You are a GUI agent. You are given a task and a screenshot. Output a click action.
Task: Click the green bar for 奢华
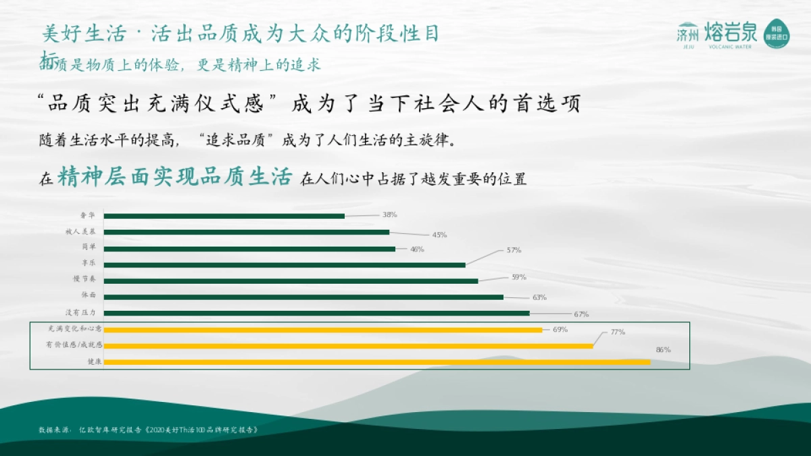(224, 216)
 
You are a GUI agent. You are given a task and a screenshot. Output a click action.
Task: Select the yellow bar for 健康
(376, 362)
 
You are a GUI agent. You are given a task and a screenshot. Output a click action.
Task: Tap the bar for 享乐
(285, 265)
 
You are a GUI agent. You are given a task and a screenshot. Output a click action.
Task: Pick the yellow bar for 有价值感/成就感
(348, 346)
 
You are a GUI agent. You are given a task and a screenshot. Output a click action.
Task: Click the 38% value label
(389, 215)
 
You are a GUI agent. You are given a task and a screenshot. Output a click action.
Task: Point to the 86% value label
(663, 350)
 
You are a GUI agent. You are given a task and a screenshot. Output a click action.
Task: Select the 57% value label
(514, 250)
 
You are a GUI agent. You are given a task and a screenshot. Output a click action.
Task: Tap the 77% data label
(618, 332)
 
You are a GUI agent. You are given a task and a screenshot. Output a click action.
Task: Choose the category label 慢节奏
(85, 279)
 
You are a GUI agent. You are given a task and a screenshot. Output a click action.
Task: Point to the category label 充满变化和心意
(74, 329)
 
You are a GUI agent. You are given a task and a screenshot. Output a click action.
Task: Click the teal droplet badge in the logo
(777, 33)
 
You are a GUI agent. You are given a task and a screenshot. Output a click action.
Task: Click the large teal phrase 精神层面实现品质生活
(174, 177)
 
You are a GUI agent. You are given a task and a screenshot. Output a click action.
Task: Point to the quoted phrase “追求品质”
(236, 142)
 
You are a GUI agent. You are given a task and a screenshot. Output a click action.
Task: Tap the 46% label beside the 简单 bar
(417, 249)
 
